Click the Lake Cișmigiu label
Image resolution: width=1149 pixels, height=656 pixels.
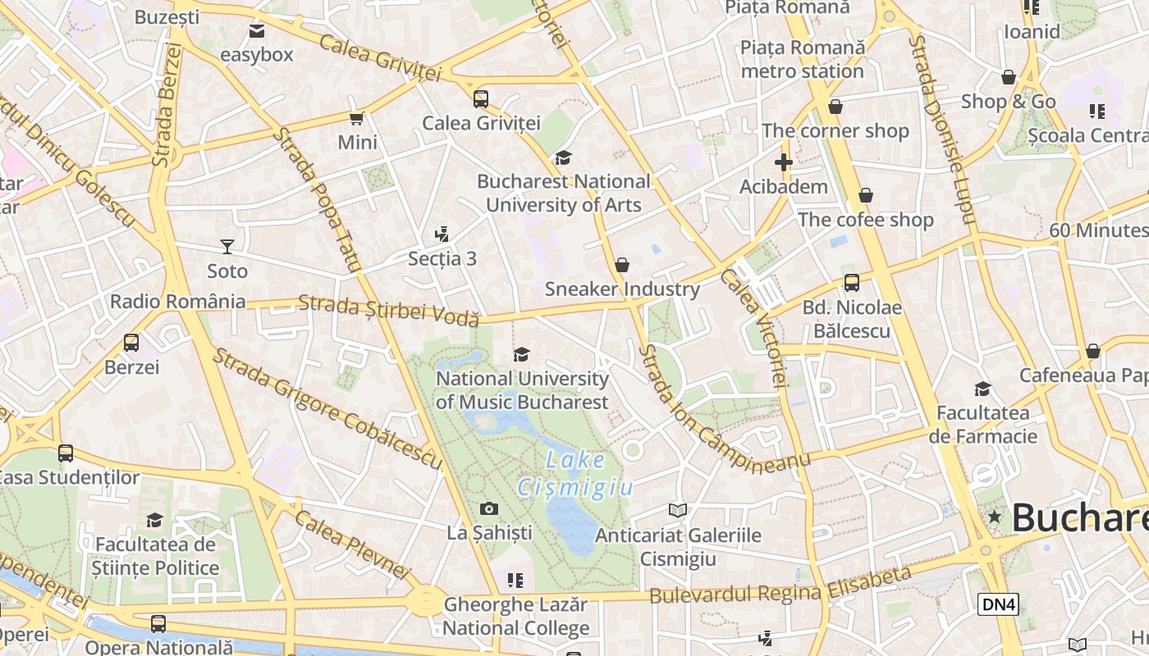click(575, 474)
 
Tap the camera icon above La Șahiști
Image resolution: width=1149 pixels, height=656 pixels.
click(489, 509)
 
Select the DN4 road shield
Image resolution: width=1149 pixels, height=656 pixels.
click(999, 604)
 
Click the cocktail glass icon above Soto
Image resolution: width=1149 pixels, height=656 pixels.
click(227, 246)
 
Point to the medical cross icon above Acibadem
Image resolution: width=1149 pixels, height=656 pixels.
click(784, 162)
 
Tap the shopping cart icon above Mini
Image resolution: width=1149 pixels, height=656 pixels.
click(357, 119)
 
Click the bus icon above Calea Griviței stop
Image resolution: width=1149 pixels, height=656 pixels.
click(481, 99)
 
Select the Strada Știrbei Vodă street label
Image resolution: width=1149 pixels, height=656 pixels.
click(388, 311)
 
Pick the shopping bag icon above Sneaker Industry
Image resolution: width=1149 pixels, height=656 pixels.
click(622, 265)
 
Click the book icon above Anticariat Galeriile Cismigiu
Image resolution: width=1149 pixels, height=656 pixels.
click(678, 511)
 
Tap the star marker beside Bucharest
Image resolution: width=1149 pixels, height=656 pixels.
click(995, 517)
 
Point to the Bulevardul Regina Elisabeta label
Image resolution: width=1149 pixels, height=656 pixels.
click(780, 585)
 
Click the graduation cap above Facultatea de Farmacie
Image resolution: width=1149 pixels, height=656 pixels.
click(982, 389)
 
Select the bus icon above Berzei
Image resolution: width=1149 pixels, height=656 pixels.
click(131, 343)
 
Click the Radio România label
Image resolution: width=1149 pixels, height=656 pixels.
click(178, 301)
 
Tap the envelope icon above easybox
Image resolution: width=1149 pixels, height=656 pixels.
click(257, 31)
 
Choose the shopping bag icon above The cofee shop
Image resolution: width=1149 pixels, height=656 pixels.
click(866, 195)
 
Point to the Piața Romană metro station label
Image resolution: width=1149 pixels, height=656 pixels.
click(803, 59)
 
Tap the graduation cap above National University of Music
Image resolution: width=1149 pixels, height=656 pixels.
click(521, 354)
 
